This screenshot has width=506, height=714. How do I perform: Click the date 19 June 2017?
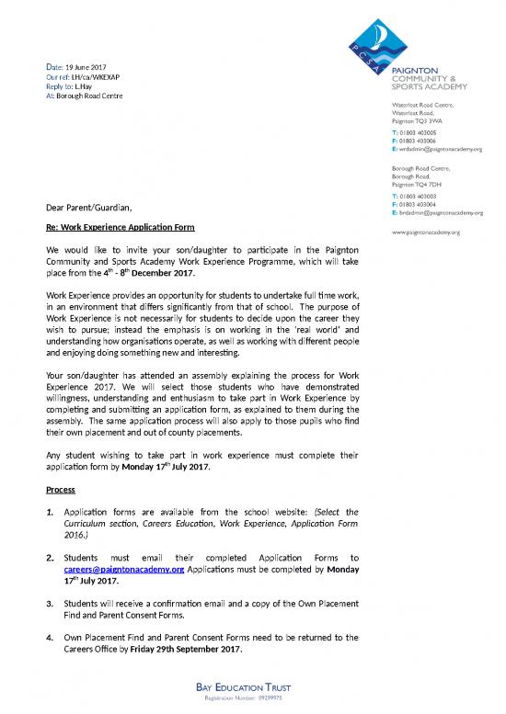86,68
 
